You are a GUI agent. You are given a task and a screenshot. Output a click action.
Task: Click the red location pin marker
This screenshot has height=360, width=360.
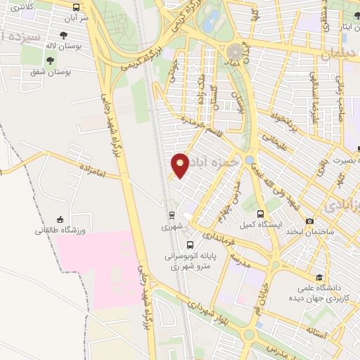coord(181,165)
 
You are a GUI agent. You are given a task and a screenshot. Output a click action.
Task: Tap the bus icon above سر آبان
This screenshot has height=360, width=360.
coord(77,6)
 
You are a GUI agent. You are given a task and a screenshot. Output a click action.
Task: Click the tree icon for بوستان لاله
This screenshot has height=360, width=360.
coord(64,34)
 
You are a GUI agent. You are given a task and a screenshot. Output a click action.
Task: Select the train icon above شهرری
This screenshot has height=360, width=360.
coord(172,214)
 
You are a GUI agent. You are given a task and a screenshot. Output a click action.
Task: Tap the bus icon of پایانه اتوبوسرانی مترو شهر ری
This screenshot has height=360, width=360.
coord(191,245)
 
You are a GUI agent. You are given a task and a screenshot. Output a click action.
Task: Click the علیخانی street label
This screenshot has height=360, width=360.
coord(271,141)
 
